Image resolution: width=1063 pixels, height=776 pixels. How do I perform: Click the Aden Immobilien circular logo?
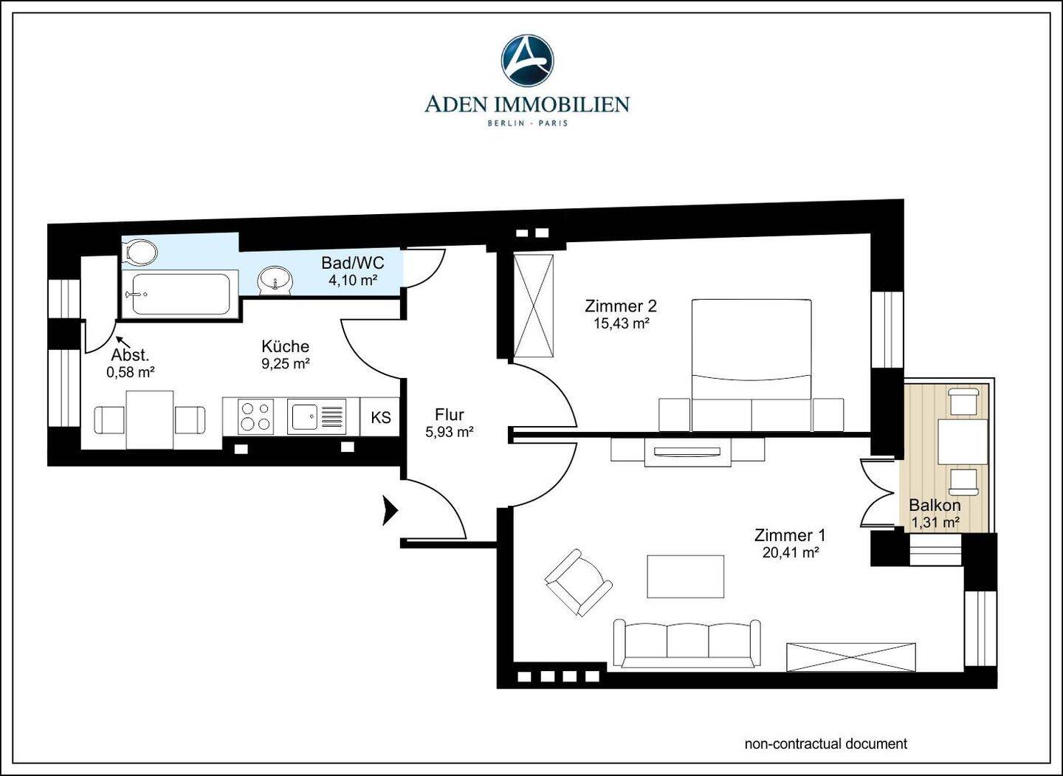(x=527, y=60)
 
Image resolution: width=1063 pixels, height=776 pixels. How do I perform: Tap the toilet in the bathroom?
(x=140, y=252)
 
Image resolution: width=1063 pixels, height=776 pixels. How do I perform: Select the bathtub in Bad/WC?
(x=180, y=295)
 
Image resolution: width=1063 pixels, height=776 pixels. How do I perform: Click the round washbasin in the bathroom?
(x=275, y=280)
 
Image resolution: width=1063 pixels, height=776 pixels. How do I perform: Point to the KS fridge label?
(x=381, y=417)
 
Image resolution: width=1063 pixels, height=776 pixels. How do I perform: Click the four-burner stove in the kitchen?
(x=255, y=416)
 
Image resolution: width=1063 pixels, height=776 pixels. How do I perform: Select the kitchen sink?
(x=317, y=416)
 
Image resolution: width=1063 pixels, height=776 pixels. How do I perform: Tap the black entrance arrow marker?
(x=390, y=511)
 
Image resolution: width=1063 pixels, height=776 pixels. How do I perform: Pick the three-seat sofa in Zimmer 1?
(x=687, y=643)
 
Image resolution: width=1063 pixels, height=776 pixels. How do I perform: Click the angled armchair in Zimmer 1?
(x=579, y=583)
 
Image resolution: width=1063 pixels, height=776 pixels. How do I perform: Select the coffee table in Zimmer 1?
(x=686, y=576)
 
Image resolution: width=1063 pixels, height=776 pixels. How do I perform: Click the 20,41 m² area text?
(x=791, y=552)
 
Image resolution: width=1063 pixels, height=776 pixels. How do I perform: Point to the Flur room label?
(x=450, y=414)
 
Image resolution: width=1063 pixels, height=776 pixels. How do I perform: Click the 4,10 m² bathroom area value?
(x=353, y=280)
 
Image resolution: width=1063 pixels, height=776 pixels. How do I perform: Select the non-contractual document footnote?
(x=826, y=744)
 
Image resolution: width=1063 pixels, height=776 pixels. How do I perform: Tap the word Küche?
(x=285, y=346)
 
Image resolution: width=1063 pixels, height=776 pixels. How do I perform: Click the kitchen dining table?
(x=149, y=419)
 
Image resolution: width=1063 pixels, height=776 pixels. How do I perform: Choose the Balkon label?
(x=935, y=506)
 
